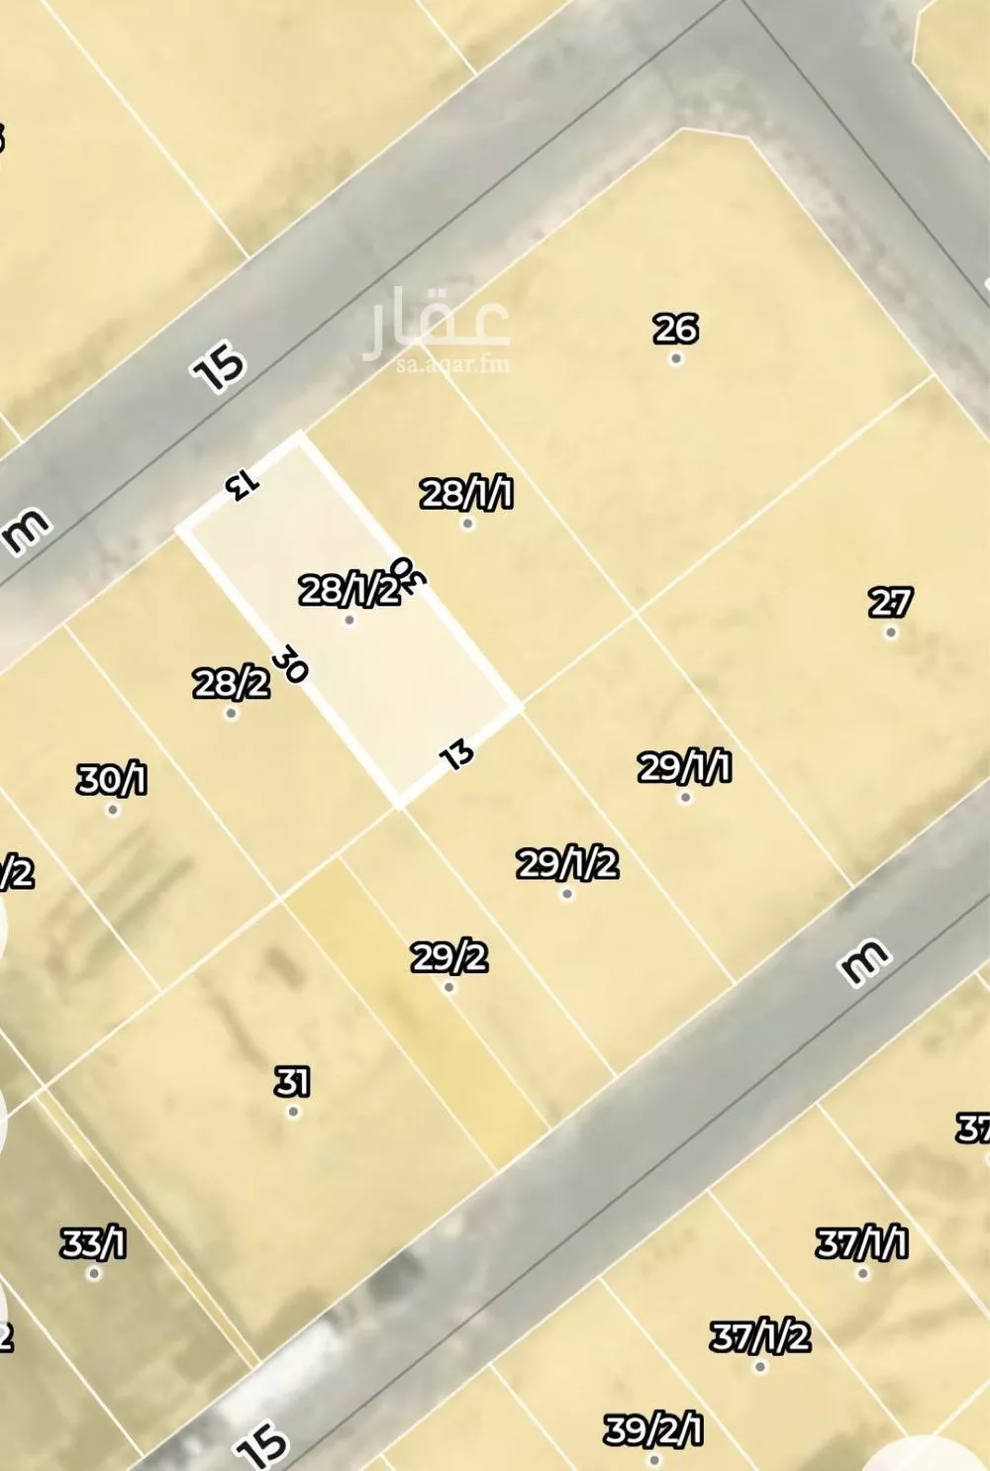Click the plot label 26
coord(675,328)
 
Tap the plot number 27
coord(890,602)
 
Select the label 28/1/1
coord(466,492)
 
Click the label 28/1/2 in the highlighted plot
coord(348,591)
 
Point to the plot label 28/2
coord(231,683)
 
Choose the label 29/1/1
coord(684,766)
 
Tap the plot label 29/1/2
coord(567,863)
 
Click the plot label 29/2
coord(448,957)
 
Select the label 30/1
coord(112,780)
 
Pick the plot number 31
coord(292,1081)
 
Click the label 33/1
coord(93,1242)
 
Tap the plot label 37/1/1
coord(861,1242)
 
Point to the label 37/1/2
coord(759,1337)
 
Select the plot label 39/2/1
coord(653,1430)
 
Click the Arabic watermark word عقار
coord(437,320)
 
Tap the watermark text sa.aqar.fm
coord(452,364)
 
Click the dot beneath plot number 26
coord(676,358)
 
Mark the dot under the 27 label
coord(890,632)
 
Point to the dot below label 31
coord(293,1112)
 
